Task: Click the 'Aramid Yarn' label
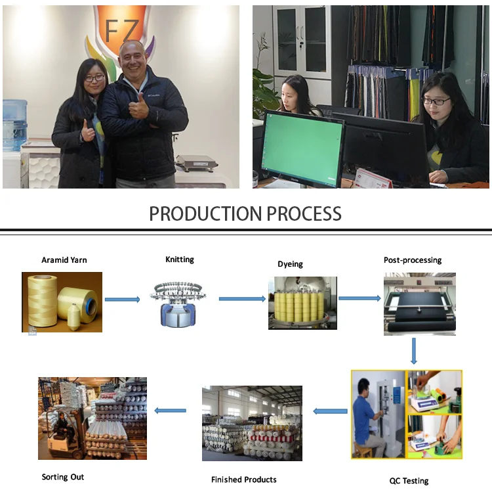[x=64, y=260]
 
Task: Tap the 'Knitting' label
[x=179, y=259]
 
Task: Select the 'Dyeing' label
[x=290, y=264]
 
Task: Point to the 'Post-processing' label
[x=412, y=260]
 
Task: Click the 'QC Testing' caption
[x=409, y=481]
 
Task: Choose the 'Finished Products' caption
[x=243, y=480]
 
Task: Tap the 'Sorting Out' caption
[x=63, y=477]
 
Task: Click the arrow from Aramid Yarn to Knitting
[x=123, y=300]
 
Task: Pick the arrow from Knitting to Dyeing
[x=241, y=299]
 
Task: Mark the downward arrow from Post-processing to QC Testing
[x=414, y=351]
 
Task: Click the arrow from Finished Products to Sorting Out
[x=170, y=411]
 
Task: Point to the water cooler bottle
[x=14, y=125]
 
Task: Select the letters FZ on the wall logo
[x=123, y=30]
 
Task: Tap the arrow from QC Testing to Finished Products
[x=330, y=411]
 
